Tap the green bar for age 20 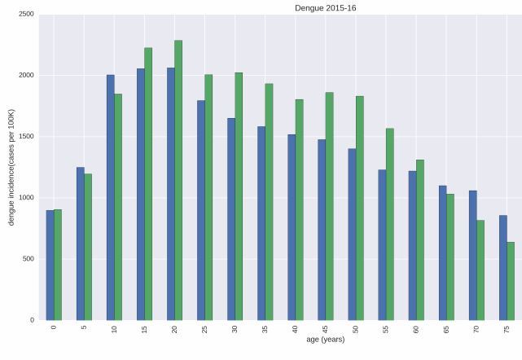[x=178, y=180]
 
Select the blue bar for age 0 [x=50, y=265]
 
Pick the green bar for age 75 [x=511, y=281]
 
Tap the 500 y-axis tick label [x=28, y=259]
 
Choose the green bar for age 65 [x=450, y=257]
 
